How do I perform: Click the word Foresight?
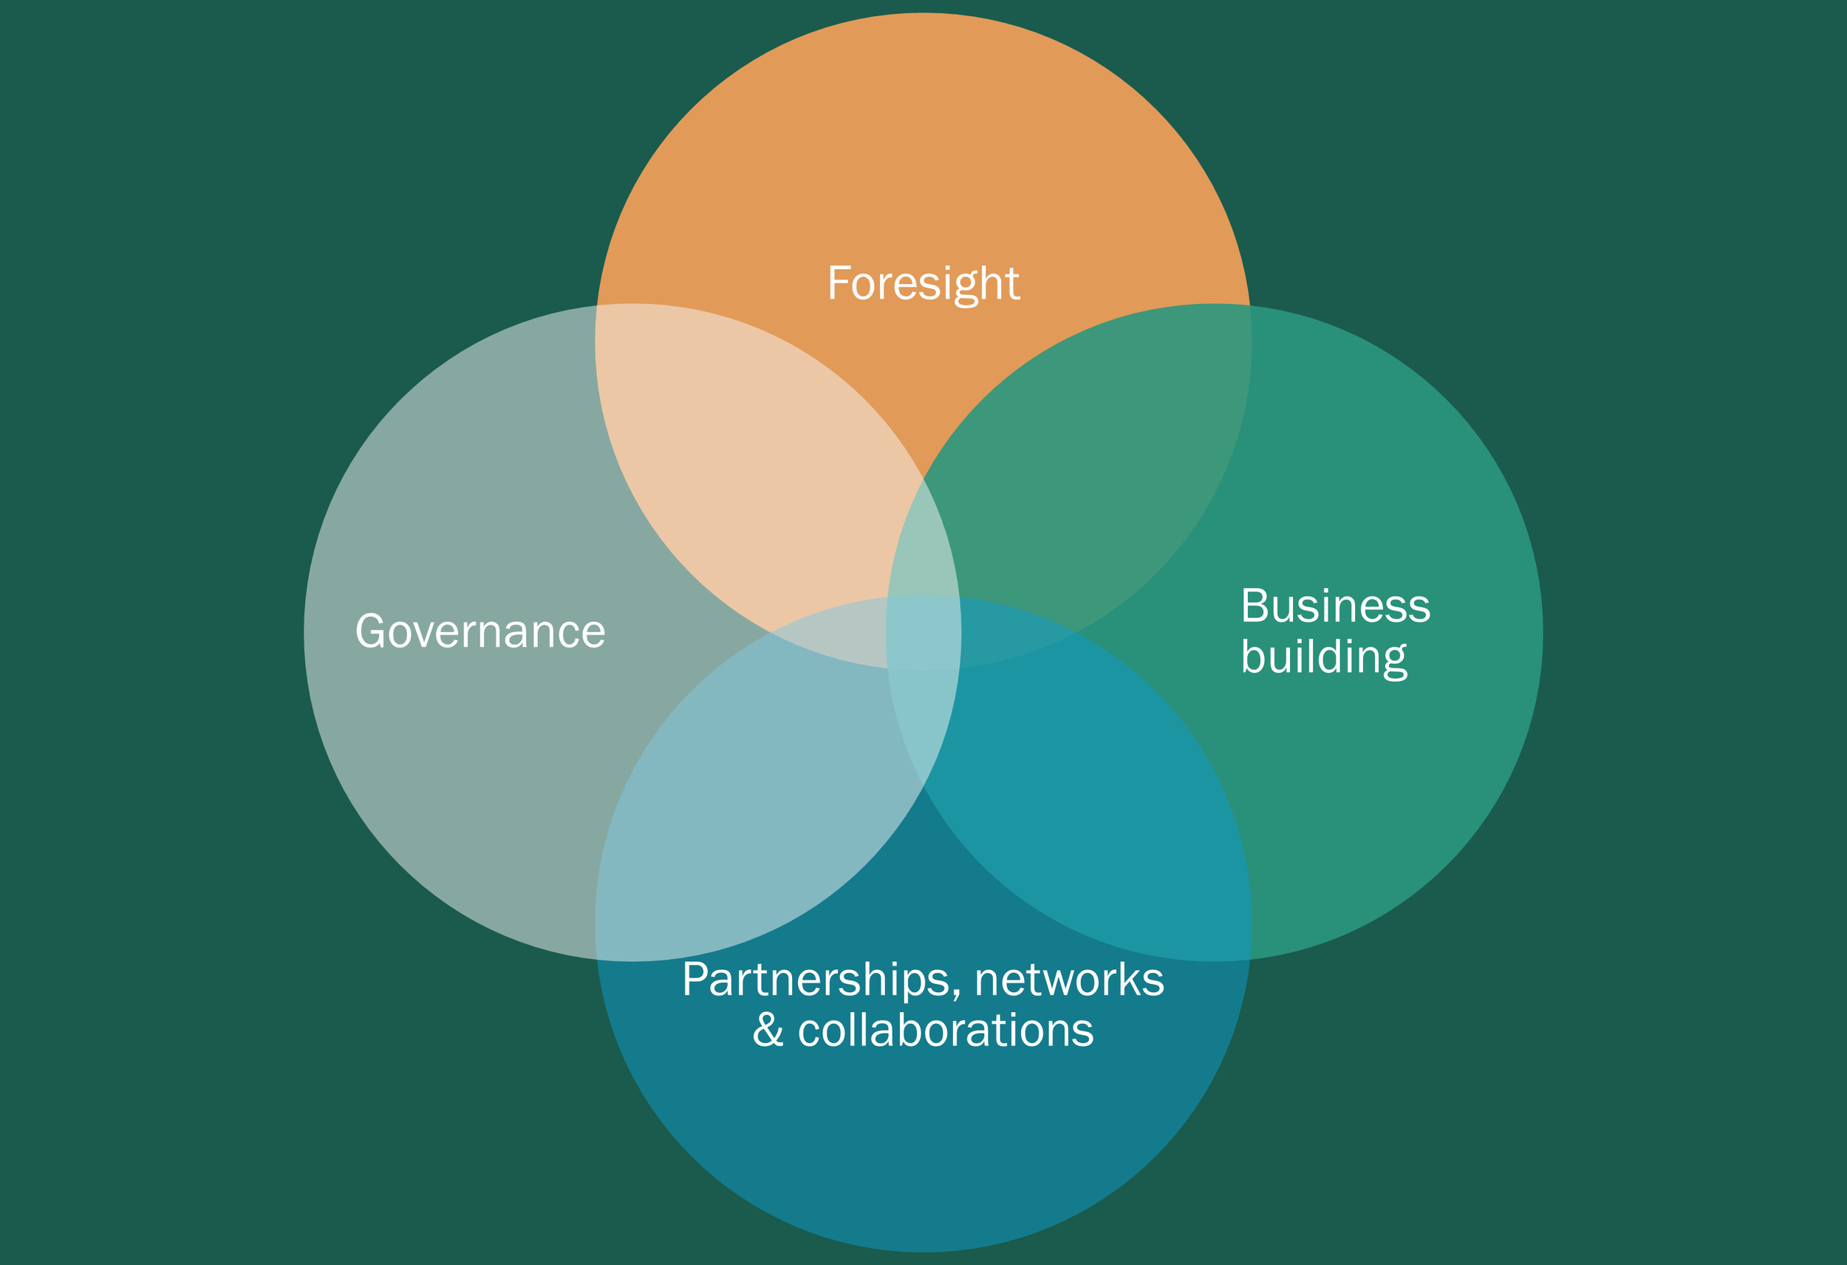[923, 283]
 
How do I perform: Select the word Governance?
[480, 631]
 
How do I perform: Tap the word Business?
[1335, 607]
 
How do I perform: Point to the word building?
[1323, 657]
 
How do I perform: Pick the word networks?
[1069, 980]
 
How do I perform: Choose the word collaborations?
[945, 1031]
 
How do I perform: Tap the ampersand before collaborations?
[768, 1031]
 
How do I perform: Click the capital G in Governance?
[371, 631]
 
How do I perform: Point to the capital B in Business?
[1255, 607]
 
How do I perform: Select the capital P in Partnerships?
[695, 980]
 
